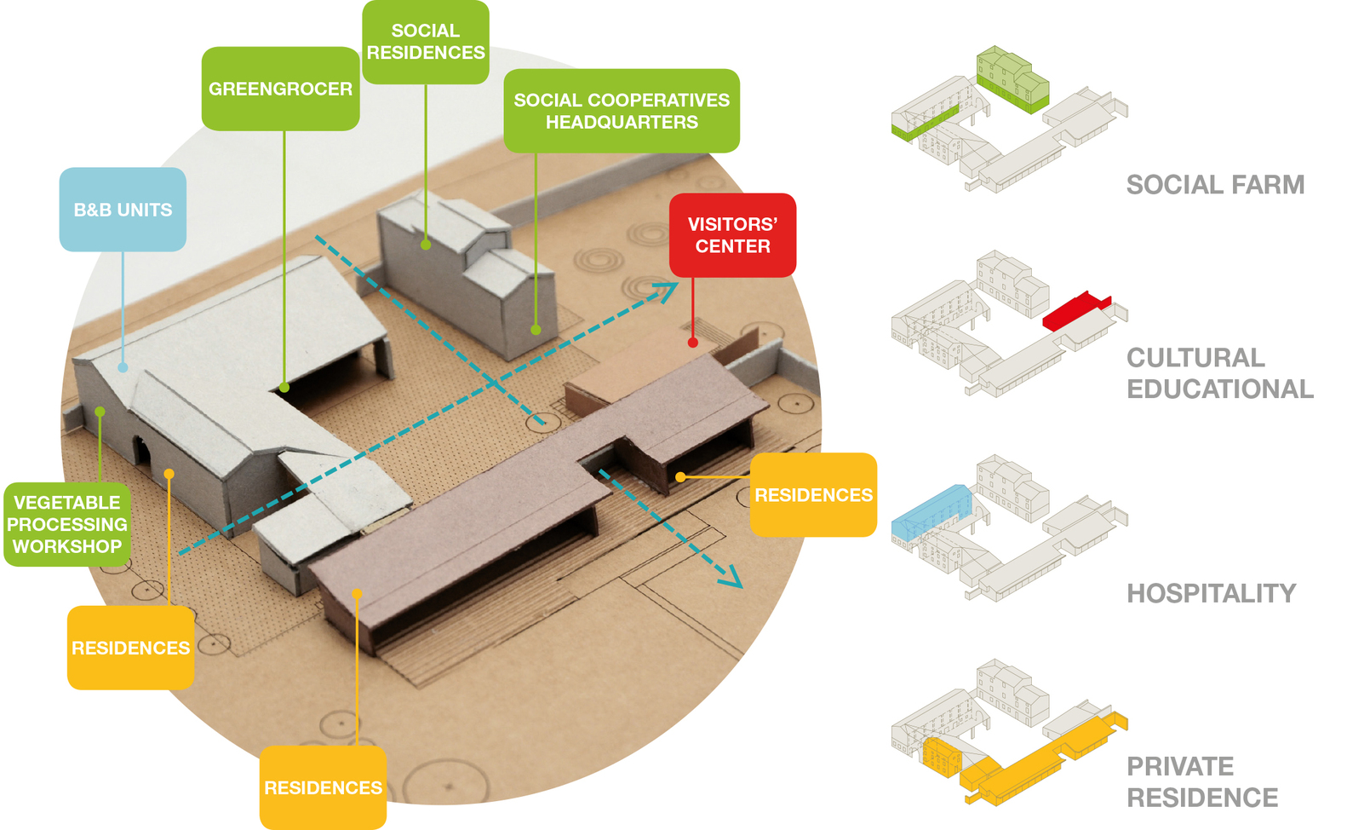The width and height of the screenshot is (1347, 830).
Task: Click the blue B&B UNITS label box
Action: pyautogui.click(x=123, y=210)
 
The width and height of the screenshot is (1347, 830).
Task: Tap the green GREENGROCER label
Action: pyautogui.click(x=280, y=89)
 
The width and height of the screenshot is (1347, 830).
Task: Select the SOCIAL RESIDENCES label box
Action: pyautogui.click(x=426, y=42)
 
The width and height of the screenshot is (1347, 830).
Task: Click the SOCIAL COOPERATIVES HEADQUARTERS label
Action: pyautogui.click(x=622, y=111)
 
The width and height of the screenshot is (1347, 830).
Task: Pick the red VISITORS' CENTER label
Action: pyautogui.click(x=732, y=235)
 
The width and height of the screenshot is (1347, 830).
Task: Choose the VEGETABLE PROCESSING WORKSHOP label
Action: pyautogui.click(x=67, y=524)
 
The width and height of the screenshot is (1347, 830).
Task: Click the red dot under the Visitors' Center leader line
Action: pyautogui.click(x=693, y=343)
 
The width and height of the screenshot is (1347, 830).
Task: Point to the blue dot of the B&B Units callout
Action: pyautogui.click(x=123, y=367)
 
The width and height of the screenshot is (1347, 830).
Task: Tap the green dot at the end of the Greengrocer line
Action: pyautogui.click(x=284, y=388)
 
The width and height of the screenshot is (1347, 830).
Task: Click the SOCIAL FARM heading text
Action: pyautogui.click(x=1215, y=185)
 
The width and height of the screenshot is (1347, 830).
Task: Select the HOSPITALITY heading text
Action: pyautogui.click(x=1211, y=594)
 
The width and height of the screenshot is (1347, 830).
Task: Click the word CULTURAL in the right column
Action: pyautogui.click(x=1195, y=358)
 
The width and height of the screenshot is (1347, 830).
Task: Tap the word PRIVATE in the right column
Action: pyautogui.click(x=1180, y=767)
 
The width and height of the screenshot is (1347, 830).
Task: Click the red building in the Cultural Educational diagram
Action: pyautogui.click(x=1075, y=312)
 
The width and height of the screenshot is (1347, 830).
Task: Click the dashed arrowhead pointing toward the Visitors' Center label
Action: pyautogui.click(x=667, y=291)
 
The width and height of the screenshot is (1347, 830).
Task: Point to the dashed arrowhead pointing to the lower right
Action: pyautogui.click(x=731, y=579)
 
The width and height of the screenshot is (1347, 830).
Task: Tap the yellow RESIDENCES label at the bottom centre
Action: pyautogui.click(x=323, y=787)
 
